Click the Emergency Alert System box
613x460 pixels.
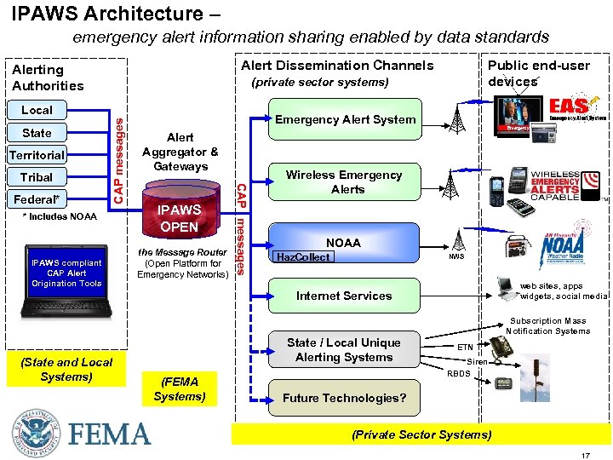345,120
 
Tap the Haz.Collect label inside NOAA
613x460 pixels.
302,256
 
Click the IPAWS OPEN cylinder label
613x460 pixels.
180,218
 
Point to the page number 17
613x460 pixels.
585,456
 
